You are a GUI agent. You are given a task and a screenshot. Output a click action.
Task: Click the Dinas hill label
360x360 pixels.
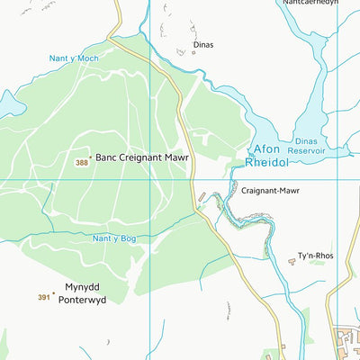(203, 43)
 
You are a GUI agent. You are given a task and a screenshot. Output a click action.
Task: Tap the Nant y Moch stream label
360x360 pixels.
(74, 58)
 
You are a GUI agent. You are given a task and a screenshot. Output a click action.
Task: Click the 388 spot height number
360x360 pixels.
(82, 162)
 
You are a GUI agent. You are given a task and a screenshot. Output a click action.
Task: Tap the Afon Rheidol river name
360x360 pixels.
(268, 156)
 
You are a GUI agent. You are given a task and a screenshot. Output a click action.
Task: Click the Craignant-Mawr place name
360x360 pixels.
(270, 191)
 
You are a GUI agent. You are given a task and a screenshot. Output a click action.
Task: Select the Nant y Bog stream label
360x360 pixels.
(114, 238)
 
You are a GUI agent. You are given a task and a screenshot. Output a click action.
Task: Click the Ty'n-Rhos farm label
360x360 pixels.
(315, 256)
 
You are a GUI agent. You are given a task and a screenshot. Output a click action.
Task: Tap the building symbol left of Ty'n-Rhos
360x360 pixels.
(292, 261)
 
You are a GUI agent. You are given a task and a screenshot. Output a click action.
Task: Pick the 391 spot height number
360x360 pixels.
(44, 297)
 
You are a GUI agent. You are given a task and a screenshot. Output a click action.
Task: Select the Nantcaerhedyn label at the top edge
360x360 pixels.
(310, 4)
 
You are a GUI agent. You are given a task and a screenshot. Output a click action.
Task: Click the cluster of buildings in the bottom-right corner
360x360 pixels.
(346, 343)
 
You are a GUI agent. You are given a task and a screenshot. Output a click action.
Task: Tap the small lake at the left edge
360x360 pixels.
(4, 105)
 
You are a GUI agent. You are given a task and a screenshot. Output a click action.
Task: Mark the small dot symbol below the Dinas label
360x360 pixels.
(193, 52)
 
